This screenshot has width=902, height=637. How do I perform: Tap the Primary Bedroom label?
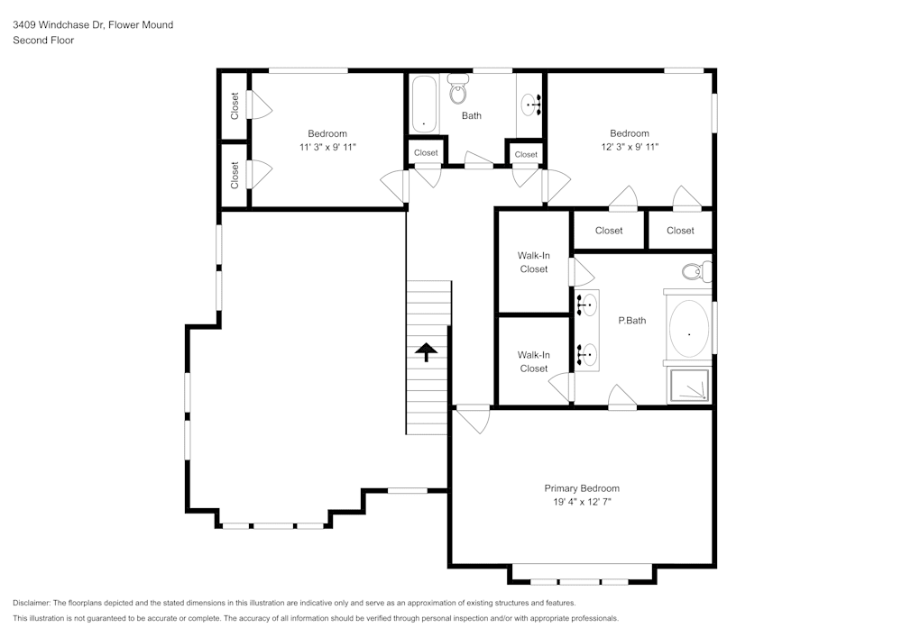[x=582, y=488]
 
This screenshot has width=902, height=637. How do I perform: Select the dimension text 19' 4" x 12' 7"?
[x=582, y=503]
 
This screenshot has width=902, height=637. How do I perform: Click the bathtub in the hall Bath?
[x=424, y=104]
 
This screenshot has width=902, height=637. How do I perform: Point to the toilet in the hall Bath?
[x=459, y=90]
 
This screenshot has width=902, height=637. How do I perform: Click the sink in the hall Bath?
[x=531, y=105]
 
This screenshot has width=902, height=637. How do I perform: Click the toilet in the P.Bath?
[x=696, y=270]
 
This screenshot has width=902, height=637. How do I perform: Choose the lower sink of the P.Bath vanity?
[x=586, y=355]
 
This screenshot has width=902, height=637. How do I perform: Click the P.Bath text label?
[x=630, y=320]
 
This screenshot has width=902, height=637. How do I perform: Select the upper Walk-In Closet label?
[x=533, y=262]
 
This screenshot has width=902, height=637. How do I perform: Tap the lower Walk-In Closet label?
[x=533, y=361]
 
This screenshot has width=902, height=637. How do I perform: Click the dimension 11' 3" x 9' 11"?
[x=327, y=147]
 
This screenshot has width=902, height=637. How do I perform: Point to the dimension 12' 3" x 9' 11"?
[x=629, y=147]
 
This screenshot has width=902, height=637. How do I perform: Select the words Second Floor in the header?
[x=43, y=41]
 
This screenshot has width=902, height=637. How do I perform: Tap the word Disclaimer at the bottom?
[x=32, y=603]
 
